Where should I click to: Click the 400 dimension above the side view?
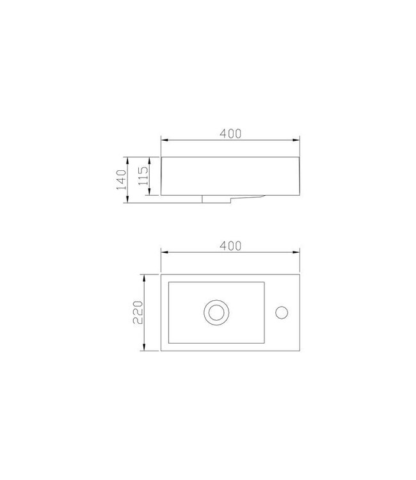(230, 133)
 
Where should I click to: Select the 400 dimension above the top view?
(230, 246)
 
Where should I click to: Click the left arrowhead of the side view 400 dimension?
(163, 140)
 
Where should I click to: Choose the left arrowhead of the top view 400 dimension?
(163, 252)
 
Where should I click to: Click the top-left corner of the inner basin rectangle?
(168, 282)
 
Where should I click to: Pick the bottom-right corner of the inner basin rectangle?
(264, 343)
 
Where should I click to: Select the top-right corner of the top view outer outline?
(300, 274)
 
